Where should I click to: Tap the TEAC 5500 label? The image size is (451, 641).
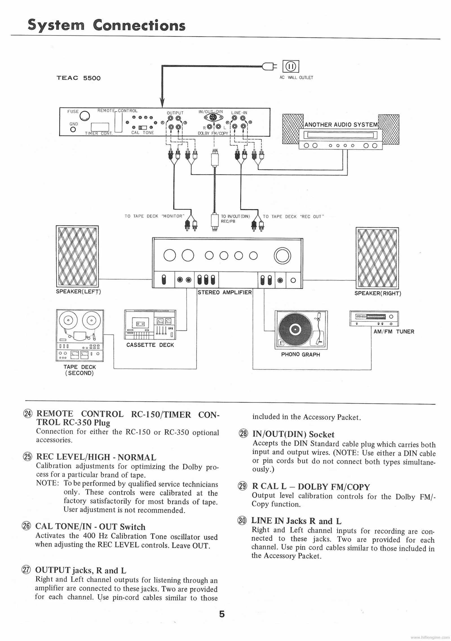click(x=79, y=78)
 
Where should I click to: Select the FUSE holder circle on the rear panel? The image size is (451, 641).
click(x=85, y=115)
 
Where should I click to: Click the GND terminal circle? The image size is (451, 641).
click(x=74, y=130)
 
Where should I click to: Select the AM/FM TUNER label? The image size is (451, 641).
click(x=394, y=332)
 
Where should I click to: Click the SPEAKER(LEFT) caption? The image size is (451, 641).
click(x=78, y=291)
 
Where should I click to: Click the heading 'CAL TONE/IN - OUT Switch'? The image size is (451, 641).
click(x=90, y=527)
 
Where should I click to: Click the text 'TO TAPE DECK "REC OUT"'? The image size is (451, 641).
click(x=293, y=217)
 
